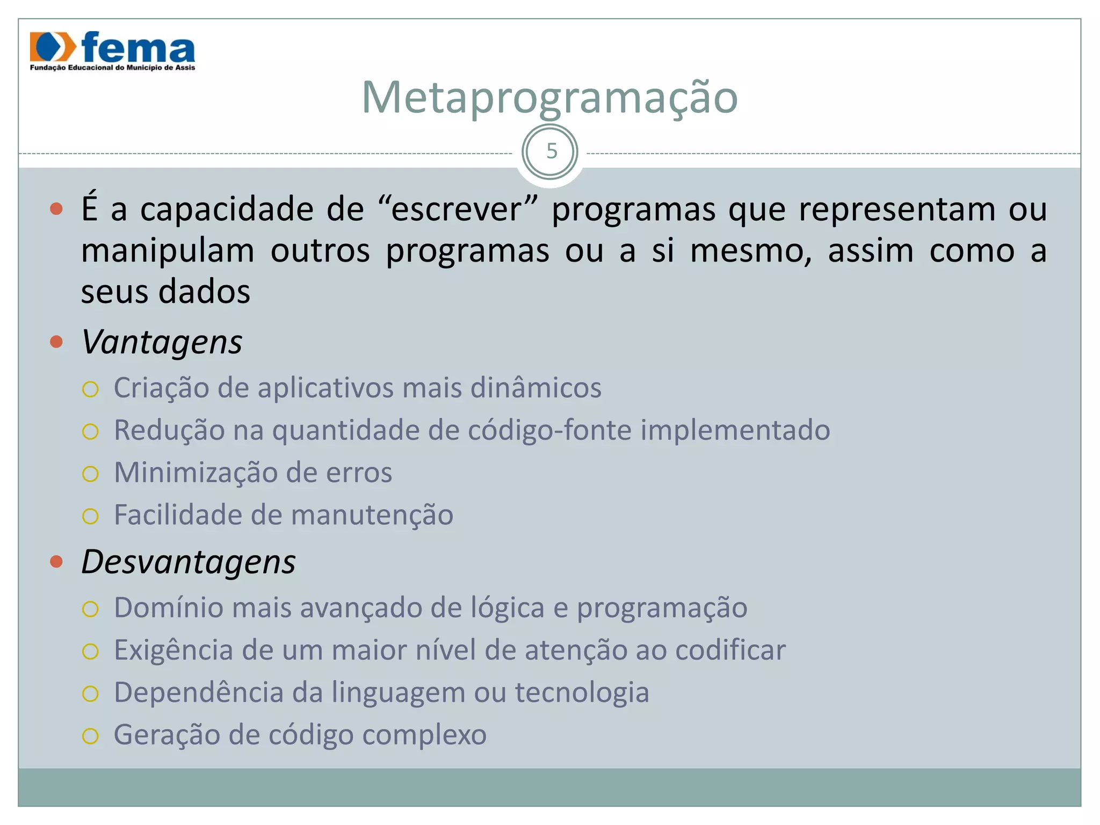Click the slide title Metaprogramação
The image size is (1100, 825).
coord(549,98)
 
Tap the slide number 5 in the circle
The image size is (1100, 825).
coord(551,152)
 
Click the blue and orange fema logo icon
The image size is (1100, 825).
coord(53,47)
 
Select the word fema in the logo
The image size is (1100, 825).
coord(138,48)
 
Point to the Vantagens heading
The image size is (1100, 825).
coord(162,342)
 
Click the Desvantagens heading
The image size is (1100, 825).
coord(188,562)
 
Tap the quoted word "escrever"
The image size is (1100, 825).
coord(457,209)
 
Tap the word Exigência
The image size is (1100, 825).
coord(173,650)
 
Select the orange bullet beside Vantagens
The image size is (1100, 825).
coord(56,342)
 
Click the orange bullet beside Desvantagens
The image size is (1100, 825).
coord(56,562)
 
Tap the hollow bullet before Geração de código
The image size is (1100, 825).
coord(90,736)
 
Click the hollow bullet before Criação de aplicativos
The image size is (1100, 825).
coord(90,389)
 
